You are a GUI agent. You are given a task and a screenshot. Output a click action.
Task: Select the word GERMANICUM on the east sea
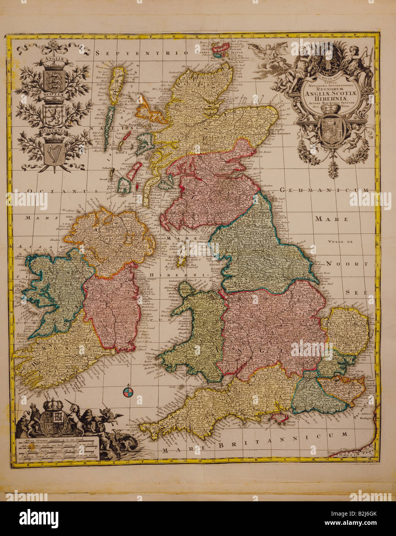pos(325,190)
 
